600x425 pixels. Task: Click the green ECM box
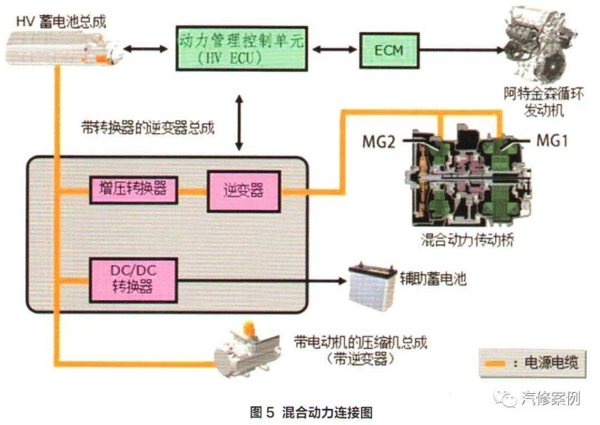(389, 51)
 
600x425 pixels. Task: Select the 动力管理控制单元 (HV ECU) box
(242, 48)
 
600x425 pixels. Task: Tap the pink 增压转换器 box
(133, 190)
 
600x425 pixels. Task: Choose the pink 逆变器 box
(244, 191)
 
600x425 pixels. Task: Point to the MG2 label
(378, 142)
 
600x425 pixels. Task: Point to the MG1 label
(552, 141)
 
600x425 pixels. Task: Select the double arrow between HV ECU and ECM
(334, 49)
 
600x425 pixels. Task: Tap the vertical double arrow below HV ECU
(239, 122)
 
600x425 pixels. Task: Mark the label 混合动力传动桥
(467, 240)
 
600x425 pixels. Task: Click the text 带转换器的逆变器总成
(148, 127)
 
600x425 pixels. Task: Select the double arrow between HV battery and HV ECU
(146, 49)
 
